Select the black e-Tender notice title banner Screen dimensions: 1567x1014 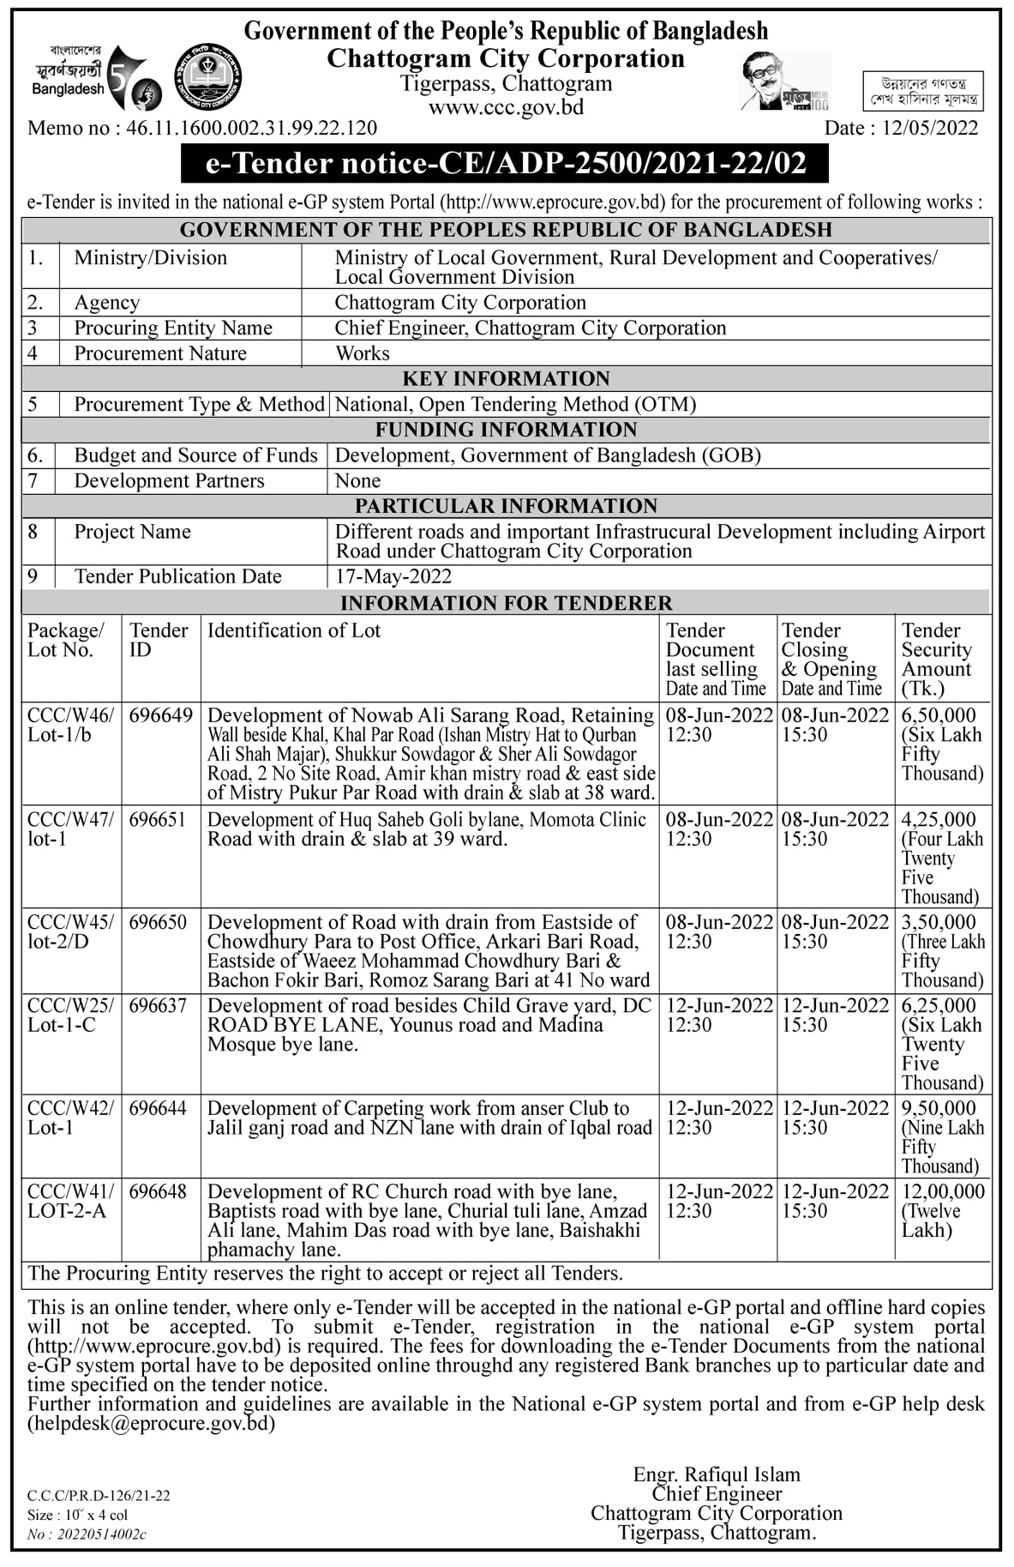coord(505,163)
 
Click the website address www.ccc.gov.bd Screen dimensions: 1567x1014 coord(506,107)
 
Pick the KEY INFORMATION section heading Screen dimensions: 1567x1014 coord(506,379)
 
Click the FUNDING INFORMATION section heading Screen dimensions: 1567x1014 coord(506,430)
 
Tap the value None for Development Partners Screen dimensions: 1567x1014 coord(357,481)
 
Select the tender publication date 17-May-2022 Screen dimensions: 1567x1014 coord(393,576)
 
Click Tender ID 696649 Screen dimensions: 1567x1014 coord(160,715)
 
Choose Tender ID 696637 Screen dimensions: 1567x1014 coord(158,1005)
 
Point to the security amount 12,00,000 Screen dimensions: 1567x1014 coord(943,1191)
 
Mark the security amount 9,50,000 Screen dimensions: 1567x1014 coord(939,1108)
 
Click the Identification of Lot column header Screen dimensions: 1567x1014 coord(294,630)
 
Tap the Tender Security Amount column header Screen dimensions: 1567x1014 coord(937,659)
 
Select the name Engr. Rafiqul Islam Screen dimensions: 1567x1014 coord(717,1474)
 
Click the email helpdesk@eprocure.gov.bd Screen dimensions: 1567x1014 coord(152,1424)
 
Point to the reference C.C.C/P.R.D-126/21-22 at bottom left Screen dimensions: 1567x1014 coord(99,1496)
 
